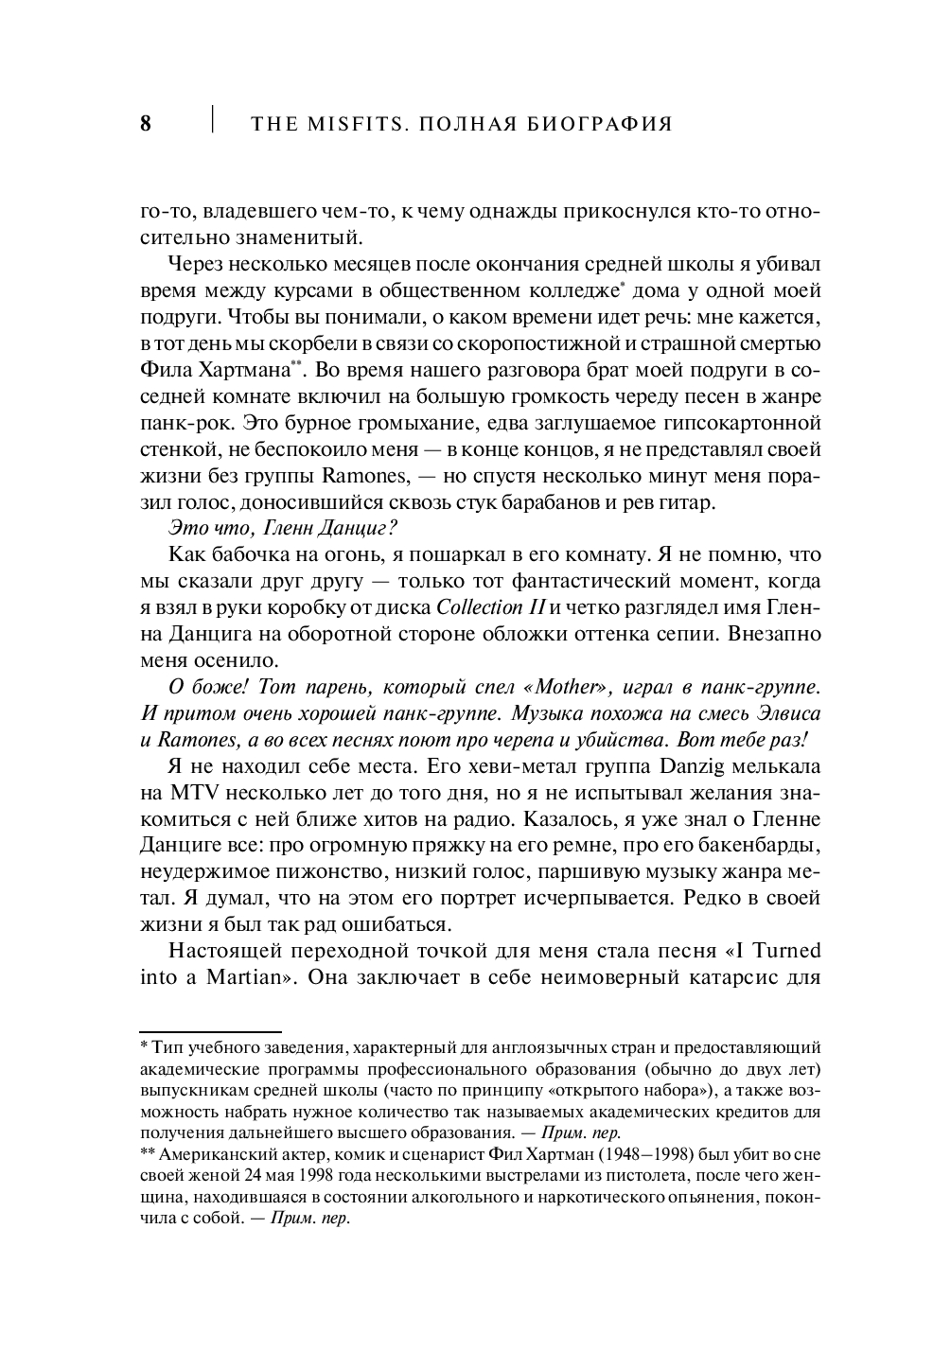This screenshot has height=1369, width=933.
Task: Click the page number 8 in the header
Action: tap(146, 124)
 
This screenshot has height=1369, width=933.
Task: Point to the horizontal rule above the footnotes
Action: tap(210, 1030)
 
